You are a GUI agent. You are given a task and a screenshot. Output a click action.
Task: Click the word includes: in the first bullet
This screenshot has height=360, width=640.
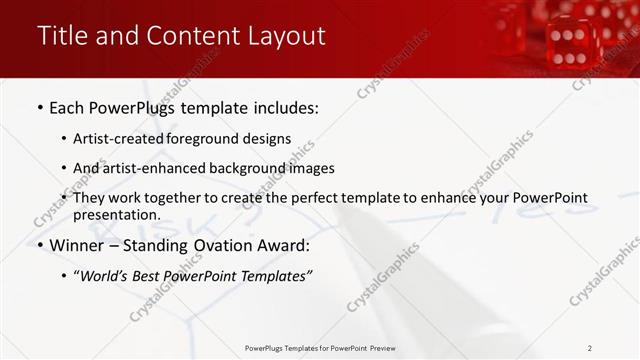284,108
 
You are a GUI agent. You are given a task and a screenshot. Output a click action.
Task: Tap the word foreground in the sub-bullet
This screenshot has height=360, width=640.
211,139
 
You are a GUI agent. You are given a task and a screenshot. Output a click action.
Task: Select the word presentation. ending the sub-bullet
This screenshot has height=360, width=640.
117,214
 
